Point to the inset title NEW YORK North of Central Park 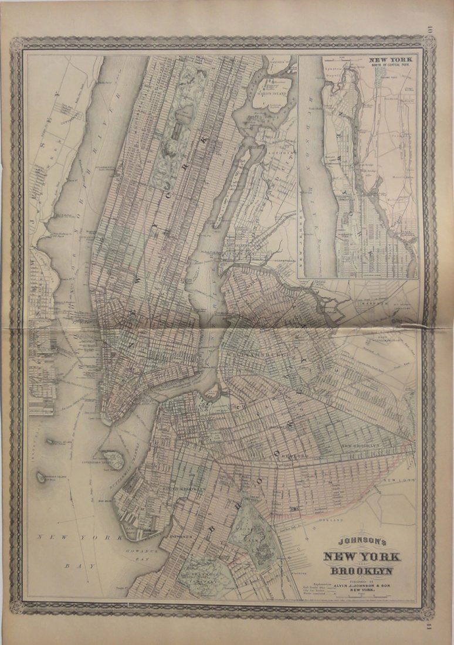[x=391, y=61]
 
